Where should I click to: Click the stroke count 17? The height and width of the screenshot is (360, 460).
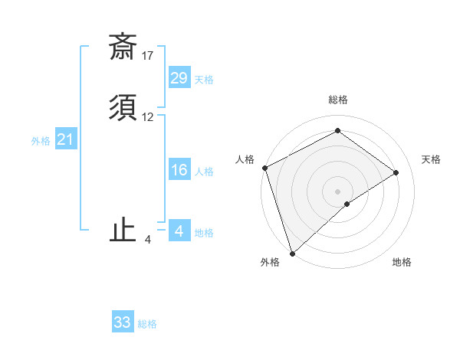click(148, 56)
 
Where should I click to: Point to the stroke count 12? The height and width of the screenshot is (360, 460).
click(148, 117)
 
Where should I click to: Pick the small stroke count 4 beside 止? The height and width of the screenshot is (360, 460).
click(148, 240)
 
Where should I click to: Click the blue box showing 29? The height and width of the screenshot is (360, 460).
click(179, 77)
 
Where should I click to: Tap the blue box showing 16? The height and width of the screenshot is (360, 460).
click(179, 170)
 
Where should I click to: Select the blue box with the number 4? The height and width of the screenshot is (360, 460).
click(179, 231)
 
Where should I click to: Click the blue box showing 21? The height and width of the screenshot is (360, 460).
click(65, 139)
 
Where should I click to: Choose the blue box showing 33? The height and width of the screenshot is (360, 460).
click(123, 322)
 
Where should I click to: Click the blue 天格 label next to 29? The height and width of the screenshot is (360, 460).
click(203, 80)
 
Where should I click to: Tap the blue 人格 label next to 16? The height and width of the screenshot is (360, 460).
click(203, 172)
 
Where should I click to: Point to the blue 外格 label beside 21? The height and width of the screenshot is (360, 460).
click(41, 142)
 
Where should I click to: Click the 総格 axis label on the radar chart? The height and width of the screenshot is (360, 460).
click(337, 100)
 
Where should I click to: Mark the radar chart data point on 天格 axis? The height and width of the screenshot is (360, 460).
click(396, 172)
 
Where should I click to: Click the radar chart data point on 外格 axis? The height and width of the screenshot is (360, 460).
click(291, 252)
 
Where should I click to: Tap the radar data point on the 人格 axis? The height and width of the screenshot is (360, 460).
click(264, 168)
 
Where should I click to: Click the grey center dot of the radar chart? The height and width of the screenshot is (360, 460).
click(337, 190)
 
